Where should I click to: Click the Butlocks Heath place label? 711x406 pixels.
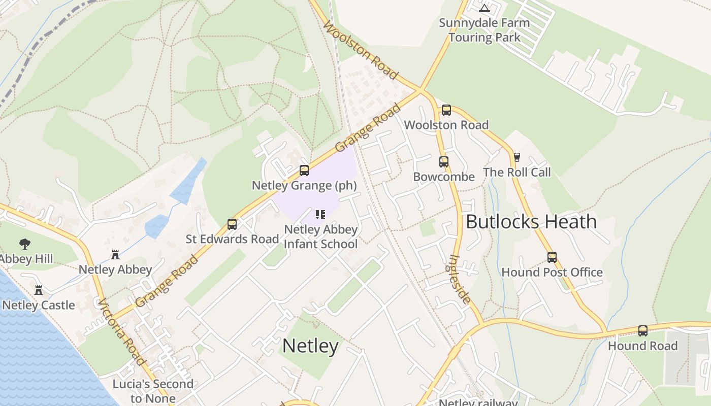[x=531, y=222]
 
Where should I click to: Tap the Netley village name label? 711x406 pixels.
[x=310, y=346]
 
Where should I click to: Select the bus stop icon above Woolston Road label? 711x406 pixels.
[x=446, y=110]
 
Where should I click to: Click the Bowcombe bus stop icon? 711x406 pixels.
[x=444, y=162]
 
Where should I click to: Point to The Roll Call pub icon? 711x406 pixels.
[x=517, y=157]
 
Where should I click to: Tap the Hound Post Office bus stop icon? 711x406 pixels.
[x=552, y=257]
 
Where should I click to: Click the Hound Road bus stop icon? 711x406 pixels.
[x=643, y=331]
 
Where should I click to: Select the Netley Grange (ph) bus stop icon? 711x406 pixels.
[x=304, y=171]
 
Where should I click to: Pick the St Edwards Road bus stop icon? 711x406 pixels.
[x=232, y=224]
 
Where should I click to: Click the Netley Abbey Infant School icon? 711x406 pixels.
[x=320, y=215]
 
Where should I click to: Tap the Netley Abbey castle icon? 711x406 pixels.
[x=115, y=254]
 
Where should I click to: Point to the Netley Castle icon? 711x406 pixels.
[x=39, y=290]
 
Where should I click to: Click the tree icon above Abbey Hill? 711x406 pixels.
[x=24, y=244]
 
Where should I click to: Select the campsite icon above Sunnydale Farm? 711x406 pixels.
[x=484, y=8]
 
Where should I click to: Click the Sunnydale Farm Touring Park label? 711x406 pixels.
[x=484, y=30]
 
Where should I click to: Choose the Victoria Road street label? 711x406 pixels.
[x=122, y=332]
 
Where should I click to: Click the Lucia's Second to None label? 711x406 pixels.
[x=153, y=391]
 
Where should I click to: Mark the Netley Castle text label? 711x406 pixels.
[x=39, y=306]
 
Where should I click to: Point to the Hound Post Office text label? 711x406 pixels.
[x=552, y=273]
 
